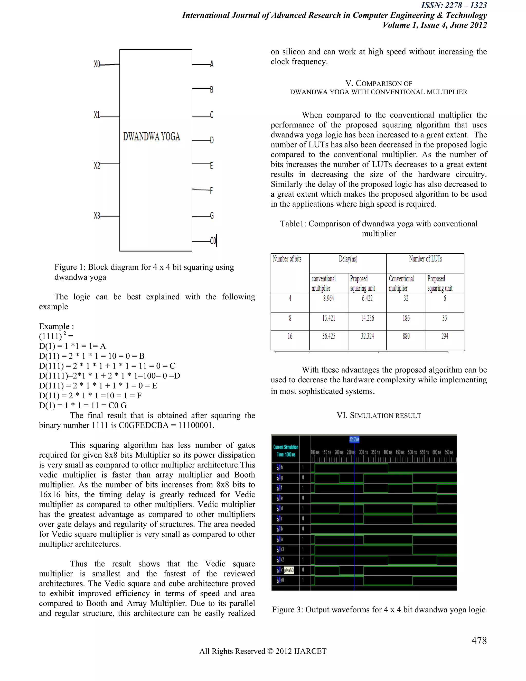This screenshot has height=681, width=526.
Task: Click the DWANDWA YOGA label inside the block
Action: [152, 136]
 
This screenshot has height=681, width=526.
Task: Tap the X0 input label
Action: [97, 64]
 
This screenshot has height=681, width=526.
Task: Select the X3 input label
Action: [97, 215]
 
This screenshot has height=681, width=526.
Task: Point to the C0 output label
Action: [213, 241]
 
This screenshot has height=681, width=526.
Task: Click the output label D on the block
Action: [212, 140]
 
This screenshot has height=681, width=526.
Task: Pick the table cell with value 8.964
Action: [328, 298]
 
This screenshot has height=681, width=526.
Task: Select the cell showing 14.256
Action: [367, 318]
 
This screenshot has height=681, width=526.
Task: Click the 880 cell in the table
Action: [406, 336]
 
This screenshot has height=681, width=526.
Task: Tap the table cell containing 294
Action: [445, 336]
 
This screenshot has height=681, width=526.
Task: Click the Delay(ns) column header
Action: [348, 259]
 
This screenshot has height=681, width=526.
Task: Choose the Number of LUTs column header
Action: [425, 259]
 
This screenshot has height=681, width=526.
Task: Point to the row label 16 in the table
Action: [290, 336]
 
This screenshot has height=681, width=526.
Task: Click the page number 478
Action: [479, 640]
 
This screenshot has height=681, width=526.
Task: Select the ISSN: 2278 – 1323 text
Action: [454, 5]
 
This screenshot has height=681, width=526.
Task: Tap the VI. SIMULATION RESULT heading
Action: [379, 416]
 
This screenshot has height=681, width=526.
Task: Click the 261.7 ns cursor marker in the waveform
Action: [354, 439]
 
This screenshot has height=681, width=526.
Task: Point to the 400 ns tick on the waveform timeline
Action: [388, 452]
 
